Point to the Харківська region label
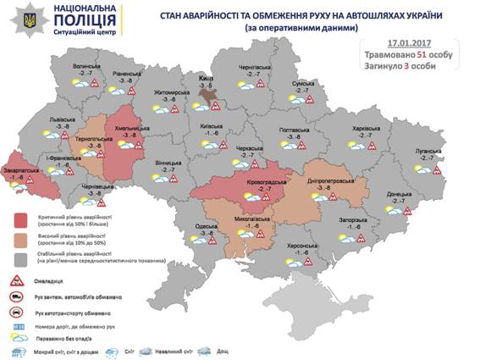pyautogui.click(x=367, y=129)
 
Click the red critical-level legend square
pyautogui.click(x=22, y=223)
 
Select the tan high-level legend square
pyautogui.click(x=22, y=240)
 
